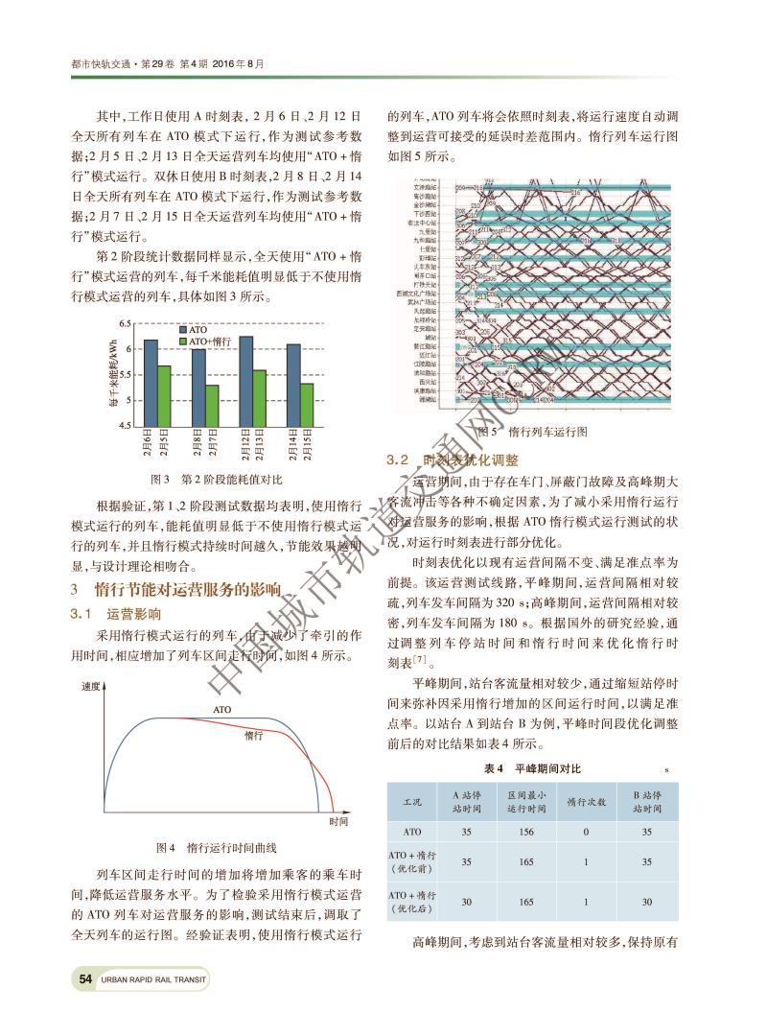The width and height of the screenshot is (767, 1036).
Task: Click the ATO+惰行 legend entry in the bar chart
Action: (x=209, y=341)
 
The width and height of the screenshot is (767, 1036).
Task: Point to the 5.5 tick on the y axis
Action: (x=126, y=375)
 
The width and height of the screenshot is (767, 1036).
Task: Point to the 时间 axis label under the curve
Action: (x=337, y=822)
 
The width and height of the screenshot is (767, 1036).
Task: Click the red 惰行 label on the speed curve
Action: (x=254, y=735)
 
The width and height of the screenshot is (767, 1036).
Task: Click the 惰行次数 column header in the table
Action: (x=585, y=802)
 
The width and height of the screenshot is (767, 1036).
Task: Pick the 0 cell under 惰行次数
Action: (x=585, y=833)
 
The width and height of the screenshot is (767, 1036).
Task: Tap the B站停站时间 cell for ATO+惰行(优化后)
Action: (x=646, y=902)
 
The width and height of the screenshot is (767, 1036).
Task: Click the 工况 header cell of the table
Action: (x=412, y=802)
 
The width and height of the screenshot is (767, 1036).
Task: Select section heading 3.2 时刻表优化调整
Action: (x=451, y=460)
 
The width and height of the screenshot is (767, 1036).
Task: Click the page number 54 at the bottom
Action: (x=85, y=979)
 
